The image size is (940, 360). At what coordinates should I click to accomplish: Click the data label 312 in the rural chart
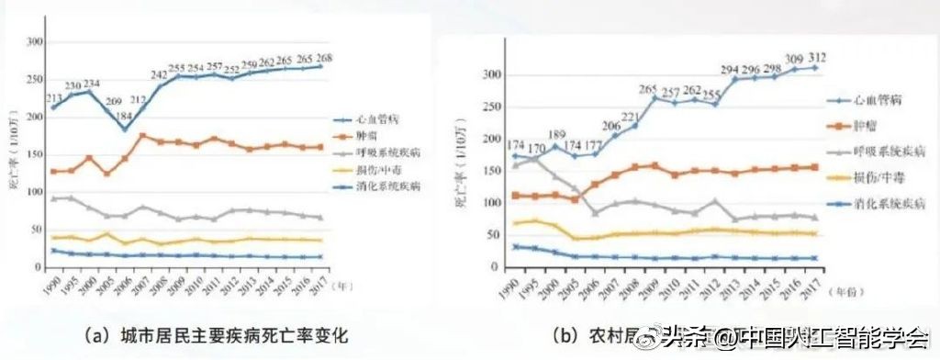[x=815, y=56]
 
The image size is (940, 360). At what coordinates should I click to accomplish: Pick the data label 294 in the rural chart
[x=729, y=69]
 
